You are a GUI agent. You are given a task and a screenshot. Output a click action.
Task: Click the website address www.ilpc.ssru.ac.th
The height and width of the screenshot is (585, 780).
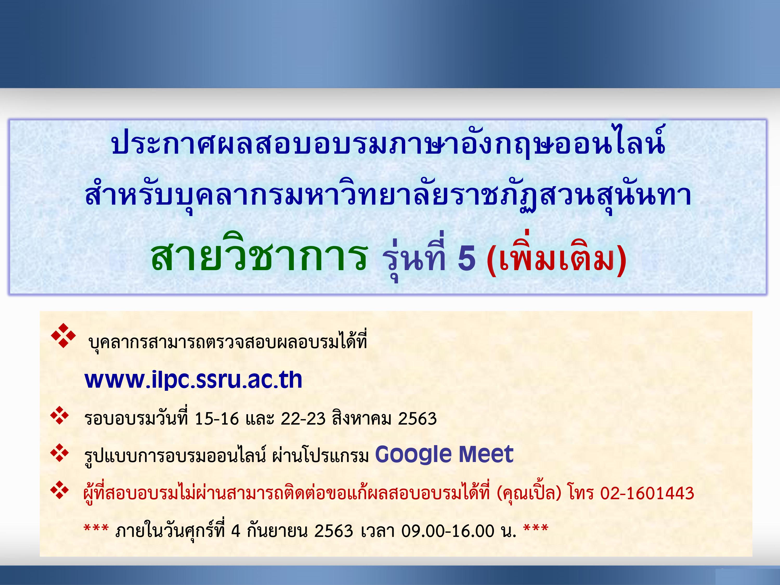pyautogui.click(x=193, y=380)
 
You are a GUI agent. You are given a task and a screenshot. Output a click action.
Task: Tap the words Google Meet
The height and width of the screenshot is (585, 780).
pyautogui.click(x=444, y=454)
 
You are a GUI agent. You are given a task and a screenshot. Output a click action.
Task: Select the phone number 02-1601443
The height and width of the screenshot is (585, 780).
pyautogui.click(x=647, y=493)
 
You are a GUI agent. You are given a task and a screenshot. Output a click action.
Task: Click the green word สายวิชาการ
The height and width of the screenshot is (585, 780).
pyautogui.click(x=259, y=253)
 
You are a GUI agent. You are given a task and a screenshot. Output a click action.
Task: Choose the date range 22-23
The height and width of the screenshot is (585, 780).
pyautogui.click(x=303, y=419)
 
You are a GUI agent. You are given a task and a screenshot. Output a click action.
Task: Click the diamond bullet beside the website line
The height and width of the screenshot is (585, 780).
pyautogui.click(x=63, y=335)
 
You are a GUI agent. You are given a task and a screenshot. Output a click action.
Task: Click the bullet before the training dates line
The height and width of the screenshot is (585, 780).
pyautogui.click(x=60, y=415)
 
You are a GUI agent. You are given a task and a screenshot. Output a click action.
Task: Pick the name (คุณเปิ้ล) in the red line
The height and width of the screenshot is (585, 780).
pyautogui.click(x=529, y=493)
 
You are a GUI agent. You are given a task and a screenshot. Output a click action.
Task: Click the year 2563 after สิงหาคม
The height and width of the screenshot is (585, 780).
pyautogui.click(x=418, y=419)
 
